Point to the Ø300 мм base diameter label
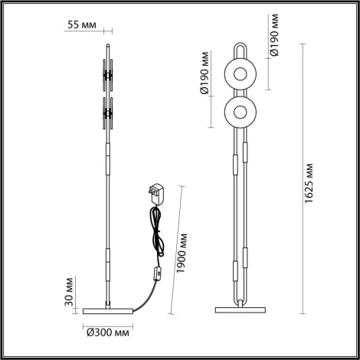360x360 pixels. (106, 332)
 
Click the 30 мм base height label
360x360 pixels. (68, 292)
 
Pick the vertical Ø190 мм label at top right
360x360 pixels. (273, 32)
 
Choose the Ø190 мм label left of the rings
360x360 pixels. (205, 92)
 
